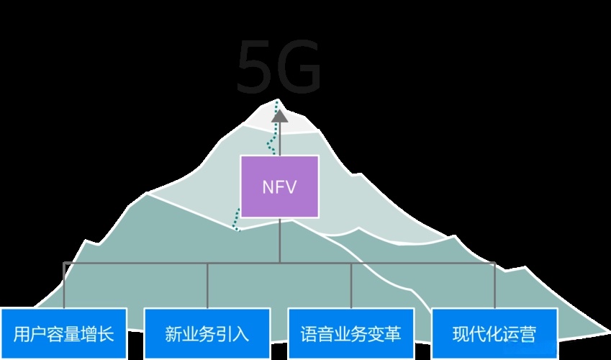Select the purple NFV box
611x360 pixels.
point(279,186)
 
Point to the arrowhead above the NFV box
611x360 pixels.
point(279,115)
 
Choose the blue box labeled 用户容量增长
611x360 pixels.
point(63,333)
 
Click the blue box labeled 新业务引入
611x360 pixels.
point(207,333)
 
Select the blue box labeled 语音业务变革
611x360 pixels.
point(350,333)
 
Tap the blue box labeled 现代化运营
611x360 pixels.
point(494,333)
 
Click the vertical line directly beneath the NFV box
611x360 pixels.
point(279,240)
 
